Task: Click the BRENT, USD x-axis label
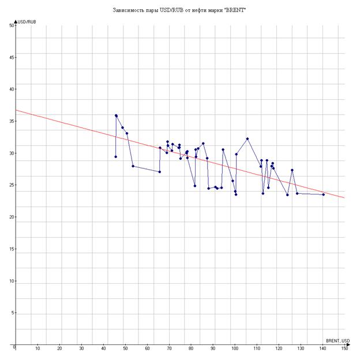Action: pyautogui.click(x=337, y=340)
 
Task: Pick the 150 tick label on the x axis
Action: pyautogui.click(x=345, y=348)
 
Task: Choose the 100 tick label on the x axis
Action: pyautogui.click(x=235, y=348)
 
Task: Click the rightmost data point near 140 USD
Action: pyautogui.click(x=324, y=194)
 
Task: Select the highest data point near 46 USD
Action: pyautogui.click(x=116, y=115)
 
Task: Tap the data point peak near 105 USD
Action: pyautogui.click(x=247, y=138)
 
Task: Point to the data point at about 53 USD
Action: pyautogui.click(x=133, y=166)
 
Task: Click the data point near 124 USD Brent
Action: pyautogui.click(x=287, y=195)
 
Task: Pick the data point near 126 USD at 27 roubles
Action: pyautogui.click(x=292, y=170)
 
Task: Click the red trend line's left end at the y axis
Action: pyautogui.click(x=16, y=110)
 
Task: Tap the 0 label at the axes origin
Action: pyautogui.click(x=13, y=347)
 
